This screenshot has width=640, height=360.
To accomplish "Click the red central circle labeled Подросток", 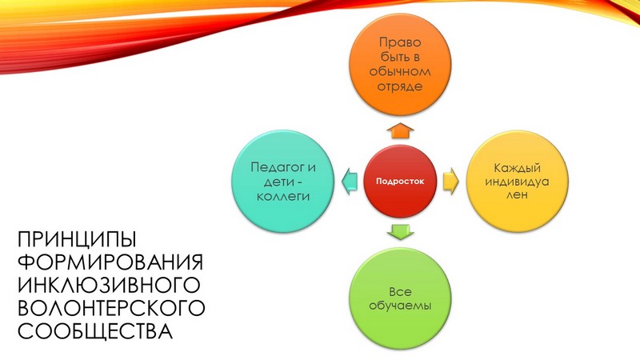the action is (x=400, y=182).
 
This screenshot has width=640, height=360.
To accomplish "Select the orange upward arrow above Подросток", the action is (x=400, y=130).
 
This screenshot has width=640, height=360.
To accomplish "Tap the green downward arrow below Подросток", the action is (x=400, y=232).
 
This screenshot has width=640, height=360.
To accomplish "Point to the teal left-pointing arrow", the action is (x=350, y=182).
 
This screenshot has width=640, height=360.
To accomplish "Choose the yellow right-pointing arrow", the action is (x=451, y=182).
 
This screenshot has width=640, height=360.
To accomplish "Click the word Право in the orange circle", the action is (x=400, y=42).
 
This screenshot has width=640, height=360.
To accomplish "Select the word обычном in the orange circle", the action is (x=400, y=71).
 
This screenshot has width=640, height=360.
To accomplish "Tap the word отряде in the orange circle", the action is (x=400, y=86).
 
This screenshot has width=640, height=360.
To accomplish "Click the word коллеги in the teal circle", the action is (x=283, y=196).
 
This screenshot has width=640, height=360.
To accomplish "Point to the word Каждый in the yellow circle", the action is (x=517, y=168).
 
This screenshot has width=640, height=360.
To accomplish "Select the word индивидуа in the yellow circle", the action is (x=517, y=182).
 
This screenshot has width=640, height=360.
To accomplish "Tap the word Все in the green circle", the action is (x=400, y=292).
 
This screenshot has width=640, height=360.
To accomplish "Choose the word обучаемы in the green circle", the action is (x=400, y=306).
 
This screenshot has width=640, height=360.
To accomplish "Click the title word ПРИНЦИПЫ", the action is (x=77, y=239).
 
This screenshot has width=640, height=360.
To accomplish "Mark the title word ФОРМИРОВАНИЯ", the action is (x=110, y=262).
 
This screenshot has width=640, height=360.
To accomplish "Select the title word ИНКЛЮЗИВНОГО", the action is (x=109, y=285).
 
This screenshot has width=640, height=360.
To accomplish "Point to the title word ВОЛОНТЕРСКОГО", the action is (x=111, y=308).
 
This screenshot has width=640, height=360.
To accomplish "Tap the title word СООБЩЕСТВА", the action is (x=95, y=331).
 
